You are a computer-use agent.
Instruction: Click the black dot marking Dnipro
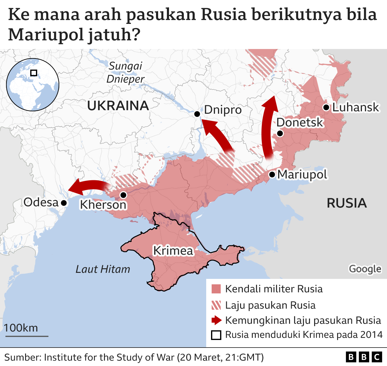tap(197, 114)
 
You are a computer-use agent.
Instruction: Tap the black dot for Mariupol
tap(272, 175)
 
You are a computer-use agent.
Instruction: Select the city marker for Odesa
tap(64, 203)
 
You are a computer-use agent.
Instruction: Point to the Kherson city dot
tap(123, 195)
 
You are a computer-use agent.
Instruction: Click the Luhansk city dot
tap(326, 107)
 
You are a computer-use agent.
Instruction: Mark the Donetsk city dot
tap(280, 133)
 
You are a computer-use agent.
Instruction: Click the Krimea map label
tap(173, 251)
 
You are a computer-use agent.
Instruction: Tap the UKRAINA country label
tap(118, 106)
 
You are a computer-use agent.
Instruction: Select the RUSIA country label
tap(346, 203)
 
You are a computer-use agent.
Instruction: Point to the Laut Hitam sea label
tap(103, 269)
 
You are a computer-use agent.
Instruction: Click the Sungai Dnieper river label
tap(125, 73)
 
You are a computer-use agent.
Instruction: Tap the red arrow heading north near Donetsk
tap(268, 127)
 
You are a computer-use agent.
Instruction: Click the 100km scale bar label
tap(21, 328)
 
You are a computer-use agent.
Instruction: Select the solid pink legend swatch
tap(216, 289)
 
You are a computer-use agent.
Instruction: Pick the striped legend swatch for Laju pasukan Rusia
tap(216, 305)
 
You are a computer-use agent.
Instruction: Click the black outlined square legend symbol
tap(216, 335)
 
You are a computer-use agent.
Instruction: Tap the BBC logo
tap(364, 357)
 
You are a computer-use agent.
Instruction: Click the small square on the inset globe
tap(34, 73)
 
